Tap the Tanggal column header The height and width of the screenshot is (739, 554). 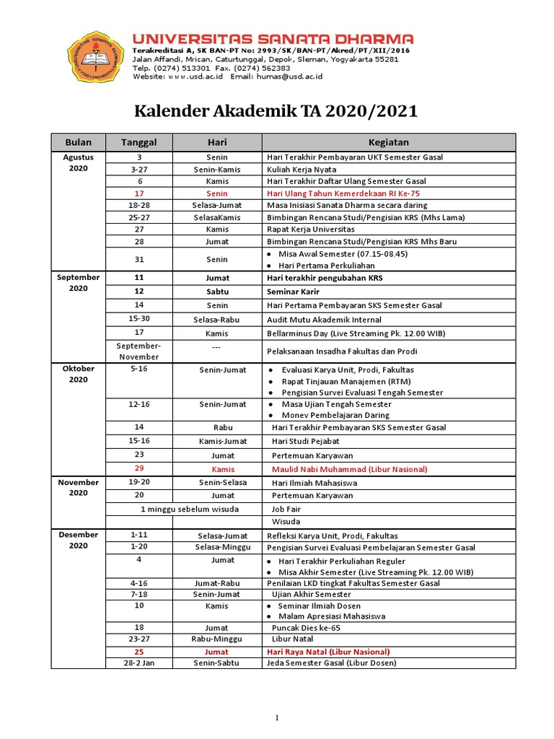[x=138, y=142]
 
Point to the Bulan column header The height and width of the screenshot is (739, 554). [x=78, y=142]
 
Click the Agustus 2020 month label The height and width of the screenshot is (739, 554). [x=78, y=162]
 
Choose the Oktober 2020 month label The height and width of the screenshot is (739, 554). [x=78, y=374]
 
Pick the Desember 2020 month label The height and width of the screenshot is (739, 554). [x=78, y=540]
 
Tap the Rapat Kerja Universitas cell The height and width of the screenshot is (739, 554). [x=311, y=229]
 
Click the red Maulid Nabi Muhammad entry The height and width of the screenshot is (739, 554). [x=350, y=469]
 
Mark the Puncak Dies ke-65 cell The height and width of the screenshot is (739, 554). [x=306, y=628]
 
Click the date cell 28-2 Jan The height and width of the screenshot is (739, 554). [x=138, y=663]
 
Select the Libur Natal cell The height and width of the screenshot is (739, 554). [x=293, y=639]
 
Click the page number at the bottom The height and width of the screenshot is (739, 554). [x=276, y=717]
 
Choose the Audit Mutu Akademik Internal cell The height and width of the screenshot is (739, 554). [x=324, y=320]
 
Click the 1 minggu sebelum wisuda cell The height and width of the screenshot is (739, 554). [x=183, y=508]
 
